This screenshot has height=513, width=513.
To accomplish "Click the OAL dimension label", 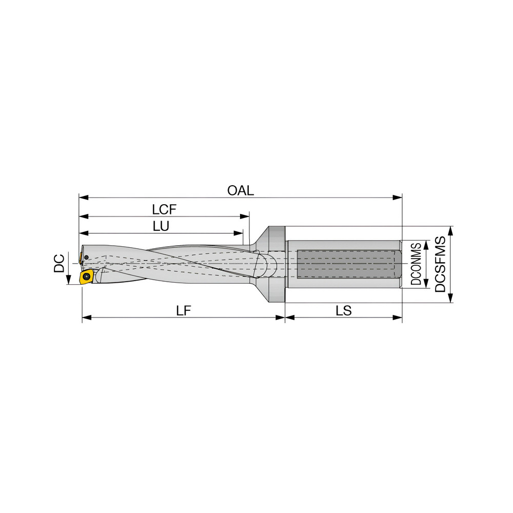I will tap(241, 191).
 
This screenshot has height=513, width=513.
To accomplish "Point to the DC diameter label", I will tap(60, 263).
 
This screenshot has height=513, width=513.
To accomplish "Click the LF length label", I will tap(184, 310).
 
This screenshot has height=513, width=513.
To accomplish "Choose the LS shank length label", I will tap(344, 310).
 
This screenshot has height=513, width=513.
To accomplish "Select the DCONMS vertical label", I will tap(417, 264).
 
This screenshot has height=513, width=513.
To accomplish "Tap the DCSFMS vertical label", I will tap(440, 264).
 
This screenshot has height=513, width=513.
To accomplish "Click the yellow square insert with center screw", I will tap(86, 278).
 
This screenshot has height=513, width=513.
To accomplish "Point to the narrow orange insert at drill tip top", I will tap(81, 255).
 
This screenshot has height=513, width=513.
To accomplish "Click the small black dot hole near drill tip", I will tap(87, 257).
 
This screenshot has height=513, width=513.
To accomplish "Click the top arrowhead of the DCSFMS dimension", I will tap(450, 230).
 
